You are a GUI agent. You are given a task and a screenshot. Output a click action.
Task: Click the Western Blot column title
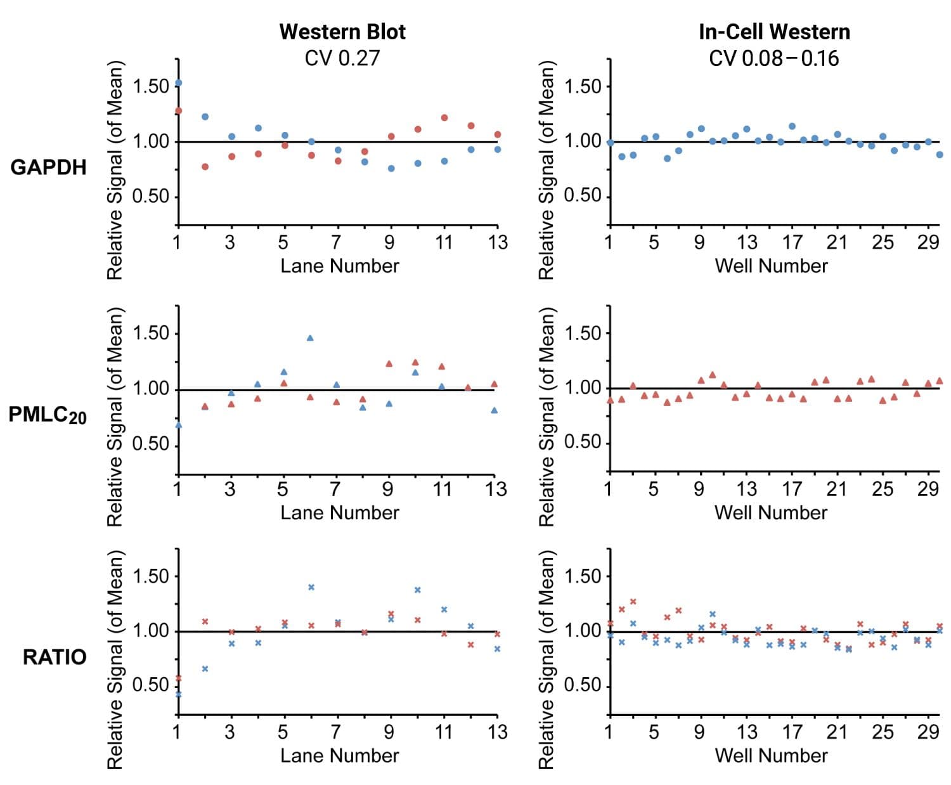(x=342, y=32)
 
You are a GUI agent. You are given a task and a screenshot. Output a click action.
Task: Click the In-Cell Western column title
(x=774, y=32)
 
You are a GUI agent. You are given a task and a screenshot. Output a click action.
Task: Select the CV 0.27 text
(x=342, y=58)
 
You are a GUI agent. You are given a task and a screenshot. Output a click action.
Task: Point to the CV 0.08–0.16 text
(x=774, y=58)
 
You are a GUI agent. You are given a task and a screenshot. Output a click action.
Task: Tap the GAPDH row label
(x=49, y=167)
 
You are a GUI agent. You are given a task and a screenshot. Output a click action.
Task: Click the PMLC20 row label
(x=48, y=415)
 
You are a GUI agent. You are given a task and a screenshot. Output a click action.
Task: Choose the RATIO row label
(x=55, y=657)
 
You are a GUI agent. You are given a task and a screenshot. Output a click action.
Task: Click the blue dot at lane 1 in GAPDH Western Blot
(x=179, y=83)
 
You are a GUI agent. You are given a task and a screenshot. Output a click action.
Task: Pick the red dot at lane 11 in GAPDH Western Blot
(x=444, y=118)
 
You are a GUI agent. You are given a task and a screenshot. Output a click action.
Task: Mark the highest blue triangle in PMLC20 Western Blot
(x=310, y=338)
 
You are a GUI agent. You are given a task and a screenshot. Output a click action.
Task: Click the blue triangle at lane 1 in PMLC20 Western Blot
(x=179, y=425)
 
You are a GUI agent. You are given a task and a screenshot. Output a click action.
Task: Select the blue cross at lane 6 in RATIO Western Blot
(x=311, y=587)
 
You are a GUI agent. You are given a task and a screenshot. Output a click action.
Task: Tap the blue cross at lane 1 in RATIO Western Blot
(x=179, y=694)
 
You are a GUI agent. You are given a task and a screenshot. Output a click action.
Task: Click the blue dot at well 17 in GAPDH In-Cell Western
(x=792, y=126)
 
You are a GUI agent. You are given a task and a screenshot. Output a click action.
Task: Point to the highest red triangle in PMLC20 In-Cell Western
(x=712, y=375)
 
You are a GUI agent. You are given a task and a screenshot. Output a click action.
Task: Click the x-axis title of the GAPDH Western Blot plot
(x=340, y=266)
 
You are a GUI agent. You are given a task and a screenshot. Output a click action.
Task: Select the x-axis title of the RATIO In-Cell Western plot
(x=771, y=755)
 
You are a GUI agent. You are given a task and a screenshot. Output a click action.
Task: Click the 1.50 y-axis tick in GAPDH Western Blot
(x=151, y=86)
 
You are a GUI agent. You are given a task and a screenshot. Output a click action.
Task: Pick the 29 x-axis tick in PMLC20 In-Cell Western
(x=928, y=489)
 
